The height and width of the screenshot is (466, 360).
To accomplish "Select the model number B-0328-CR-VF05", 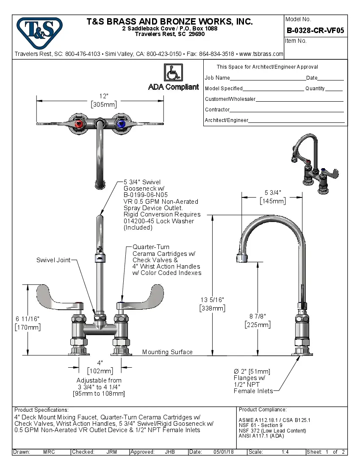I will (315, 31).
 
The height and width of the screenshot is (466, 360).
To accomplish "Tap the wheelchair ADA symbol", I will (173, 72).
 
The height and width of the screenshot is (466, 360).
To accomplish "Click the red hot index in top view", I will (79, 124).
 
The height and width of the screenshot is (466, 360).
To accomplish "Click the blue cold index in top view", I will (121, 124).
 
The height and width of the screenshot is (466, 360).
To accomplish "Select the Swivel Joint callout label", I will (53, 260).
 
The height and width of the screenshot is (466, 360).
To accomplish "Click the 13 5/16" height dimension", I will (212, 300).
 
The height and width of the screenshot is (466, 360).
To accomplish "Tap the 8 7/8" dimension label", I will (257, 316).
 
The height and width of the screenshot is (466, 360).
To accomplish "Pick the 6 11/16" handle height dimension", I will (27, 318).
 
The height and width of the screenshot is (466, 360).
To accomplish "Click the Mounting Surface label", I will (167, 352).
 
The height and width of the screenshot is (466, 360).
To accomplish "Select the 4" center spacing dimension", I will (100, 363).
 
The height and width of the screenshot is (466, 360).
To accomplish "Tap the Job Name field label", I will (217, 78).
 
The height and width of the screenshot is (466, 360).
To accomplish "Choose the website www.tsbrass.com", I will (261, 54).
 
